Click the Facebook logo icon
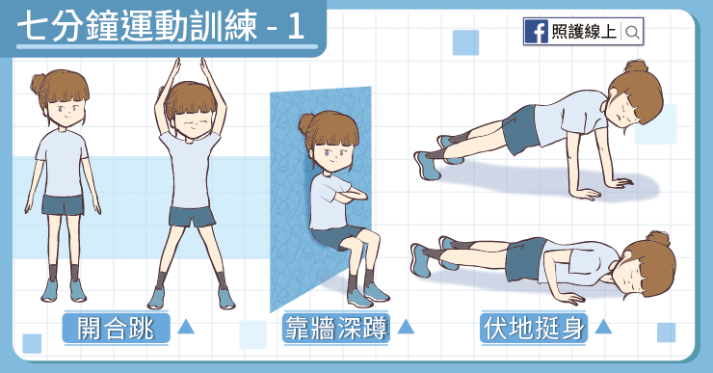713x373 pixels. pos(536,32)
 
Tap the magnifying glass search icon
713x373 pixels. pos(632,32)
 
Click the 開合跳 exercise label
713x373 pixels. pos(116,328)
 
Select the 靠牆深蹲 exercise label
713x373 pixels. pos(336,328)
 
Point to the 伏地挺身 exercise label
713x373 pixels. pos(534,328)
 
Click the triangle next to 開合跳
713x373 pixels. pos(186,326)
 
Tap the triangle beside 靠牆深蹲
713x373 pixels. pos(405,326)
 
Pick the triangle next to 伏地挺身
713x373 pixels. pos(603,326)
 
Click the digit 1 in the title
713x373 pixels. pos(295,26)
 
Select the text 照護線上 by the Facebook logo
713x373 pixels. pos(584,32)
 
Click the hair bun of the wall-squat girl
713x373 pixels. pos(306,123)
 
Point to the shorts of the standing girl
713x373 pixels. pos(64,204)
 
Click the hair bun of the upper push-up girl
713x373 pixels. pos(636,67)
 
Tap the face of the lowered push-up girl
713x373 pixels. pos(631,272)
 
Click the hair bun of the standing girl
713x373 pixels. pos(40,84)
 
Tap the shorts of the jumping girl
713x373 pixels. pos(193,217)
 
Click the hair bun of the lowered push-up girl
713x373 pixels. pos(658,238)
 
